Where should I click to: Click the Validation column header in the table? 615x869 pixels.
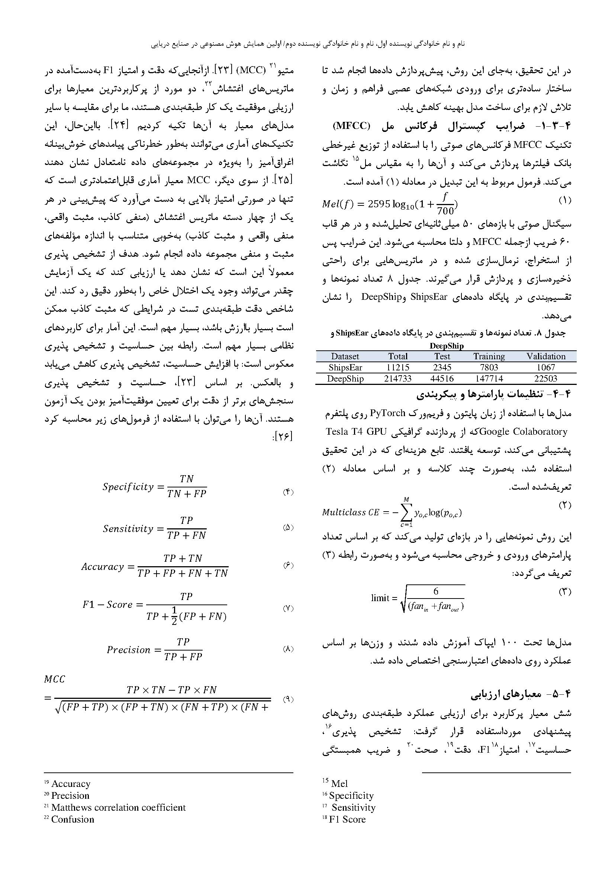pos(546,356)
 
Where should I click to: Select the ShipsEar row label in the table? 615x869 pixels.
pos(345,367)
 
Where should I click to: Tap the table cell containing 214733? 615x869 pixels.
pos(397,379)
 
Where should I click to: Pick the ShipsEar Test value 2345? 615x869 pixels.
pos(442,367)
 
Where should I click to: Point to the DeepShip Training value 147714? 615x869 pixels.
pos(489,379)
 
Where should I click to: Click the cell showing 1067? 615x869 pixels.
pos(546,367)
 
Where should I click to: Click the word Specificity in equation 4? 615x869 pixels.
pos(128,487)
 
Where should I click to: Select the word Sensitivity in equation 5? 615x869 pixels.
pos(128,528)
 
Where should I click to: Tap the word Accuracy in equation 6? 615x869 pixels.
pos(103,567)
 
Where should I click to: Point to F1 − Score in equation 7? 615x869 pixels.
pos(107,604)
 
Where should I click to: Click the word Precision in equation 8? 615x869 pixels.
pos(128,650)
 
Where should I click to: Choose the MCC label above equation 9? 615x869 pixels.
pos(55,679)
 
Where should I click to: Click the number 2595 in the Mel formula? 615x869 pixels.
pos(379,204)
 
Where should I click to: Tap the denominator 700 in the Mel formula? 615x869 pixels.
pos(445,210)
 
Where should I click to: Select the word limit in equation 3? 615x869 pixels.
pos(380,598)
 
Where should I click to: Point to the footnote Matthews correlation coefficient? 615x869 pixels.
pos(118,807)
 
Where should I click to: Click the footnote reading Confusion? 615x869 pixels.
pos(73,820)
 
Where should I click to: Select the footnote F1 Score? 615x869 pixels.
pos(347,820)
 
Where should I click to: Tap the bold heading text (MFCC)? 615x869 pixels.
pos(351,126)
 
